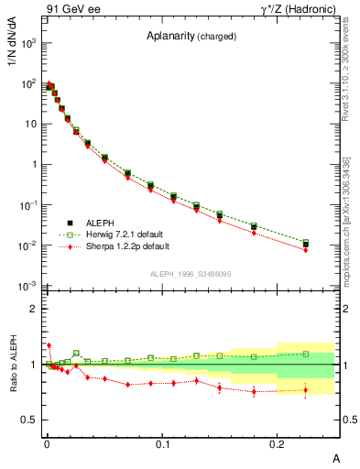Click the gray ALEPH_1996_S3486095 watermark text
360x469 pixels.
coord(190,274)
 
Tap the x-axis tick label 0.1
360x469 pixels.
coord(162,443)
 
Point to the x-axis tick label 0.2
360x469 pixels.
coord(278,443)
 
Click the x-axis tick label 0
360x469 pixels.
coord(47,443)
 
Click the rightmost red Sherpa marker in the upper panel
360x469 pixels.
coord(306,250)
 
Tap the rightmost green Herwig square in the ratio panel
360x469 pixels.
coord(306,354)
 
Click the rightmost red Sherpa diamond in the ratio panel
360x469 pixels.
coord(306,390)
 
